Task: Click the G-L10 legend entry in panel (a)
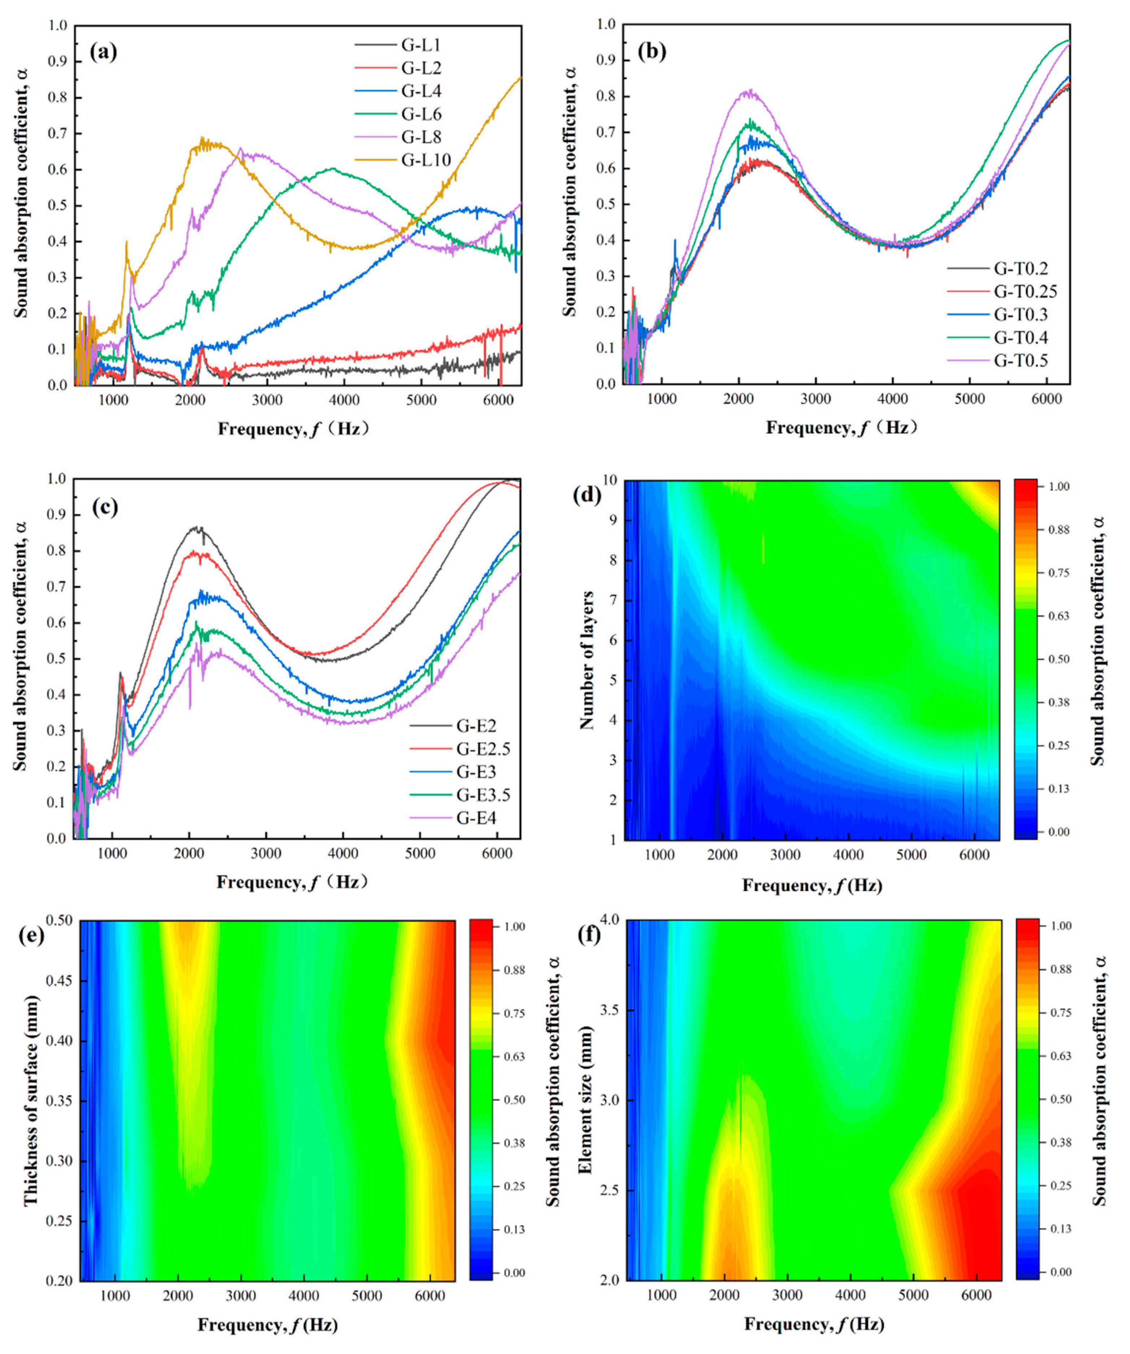[425, 160]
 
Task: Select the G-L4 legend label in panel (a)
[421, 91]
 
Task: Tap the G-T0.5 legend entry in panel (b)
[1021, 360]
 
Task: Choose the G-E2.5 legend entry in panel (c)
[483, 749]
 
